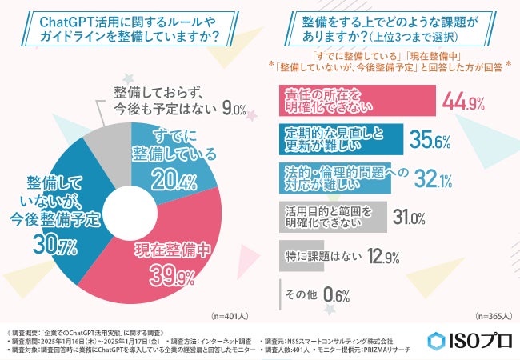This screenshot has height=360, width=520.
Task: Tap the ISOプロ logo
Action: click(466, 339)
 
